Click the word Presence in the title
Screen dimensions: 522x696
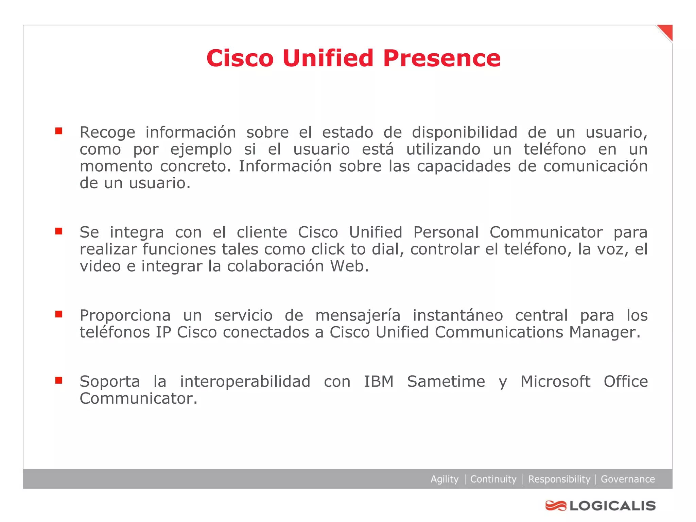(x=441, y=58)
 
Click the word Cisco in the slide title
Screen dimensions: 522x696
(x=240, y=58)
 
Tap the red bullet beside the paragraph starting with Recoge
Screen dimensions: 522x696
(x=59, y=131)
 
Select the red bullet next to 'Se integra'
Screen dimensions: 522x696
(x=59, y=231)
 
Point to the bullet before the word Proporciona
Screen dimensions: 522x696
(x=59, y=314)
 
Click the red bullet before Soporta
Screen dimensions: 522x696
(x=59, y=380)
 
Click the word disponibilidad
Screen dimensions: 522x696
(x=465, y=132)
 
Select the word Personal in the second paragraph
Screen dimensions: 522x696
(x=446, y=232)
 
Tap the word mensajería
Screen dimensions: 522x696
(x=358, y=315)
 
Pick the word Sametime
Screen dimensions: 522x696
(x=446, y=382)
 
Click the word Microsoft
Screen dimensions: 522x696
(x=555, y=382)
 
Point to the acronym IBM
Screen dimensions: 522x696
(x=379, y=382)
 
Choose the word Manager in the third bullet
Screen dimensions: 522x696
(x=605, y=332)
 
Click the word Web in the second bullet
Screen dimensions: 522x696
(x=349, y=266)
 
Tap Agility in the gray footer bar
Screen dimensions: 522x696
(x=444, y=479)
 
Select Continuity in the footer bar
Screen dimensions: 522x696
(x=493, y=479)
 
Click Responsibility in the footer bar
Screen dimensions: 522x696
(x=559, y=479)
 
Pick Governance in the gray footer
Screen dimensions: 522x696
(x=628, y=479)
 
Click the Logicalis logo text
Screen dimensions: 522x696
(x=612, y=506)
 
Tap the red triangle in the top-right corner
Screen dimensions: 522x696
(x=666, y=31)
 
